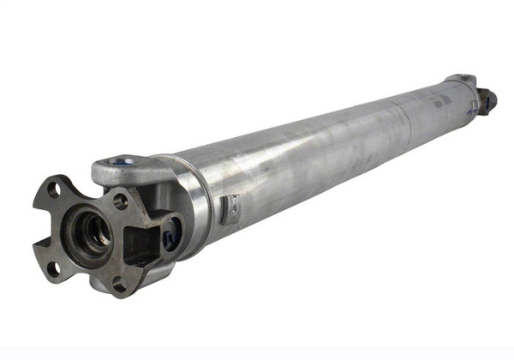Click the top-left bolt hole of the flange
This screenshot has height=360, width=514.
tap(54, 189)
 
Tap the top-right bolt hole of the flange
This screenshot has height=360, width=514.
tap(121, 201)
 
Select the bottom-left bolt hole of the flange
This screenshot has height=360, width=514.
tap(52, 267)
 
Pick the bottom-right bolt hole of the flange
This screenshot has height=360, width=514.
tap(121, 281)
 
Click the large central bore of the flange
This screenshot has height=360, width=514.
tap(90, 231)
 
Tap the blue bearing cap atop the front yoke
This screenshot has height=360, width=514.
tap(123, 161)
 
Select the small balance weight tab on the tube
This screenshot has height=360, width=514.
tap(229, 208)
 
